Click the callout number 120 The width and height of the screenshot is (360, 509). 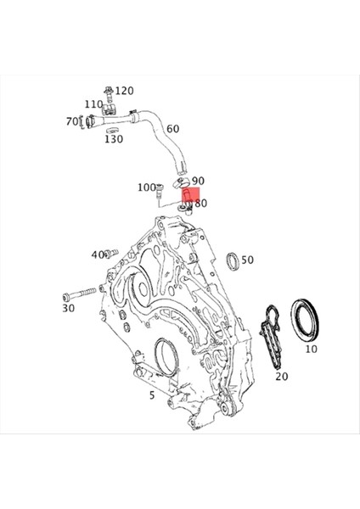125,91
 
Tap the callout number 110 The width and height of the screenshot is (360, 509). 93,104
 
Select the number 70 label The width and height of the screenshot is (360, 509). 72,122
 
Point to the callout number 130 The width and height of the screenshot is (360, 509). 114,139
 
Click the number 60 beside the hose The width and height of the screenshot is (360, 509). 172,129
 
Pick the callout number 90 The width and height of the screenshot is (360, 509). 198,181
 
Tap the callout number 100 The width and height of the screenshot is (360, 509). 145,187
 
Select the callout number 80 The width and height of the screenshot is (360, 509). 201,204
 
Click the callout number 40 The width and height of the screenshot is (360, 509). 98,255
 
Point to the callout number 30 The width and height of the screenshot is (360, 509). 68,309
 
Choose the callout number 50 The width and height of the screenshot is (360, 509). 248,260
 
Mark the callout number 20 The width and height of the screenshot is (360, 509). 282,377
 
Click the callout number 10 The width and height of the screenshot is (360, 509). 311,349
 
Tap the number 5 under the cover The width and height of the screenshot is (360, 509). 151,395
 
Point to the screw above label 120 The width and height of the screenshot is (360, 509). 109,90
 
